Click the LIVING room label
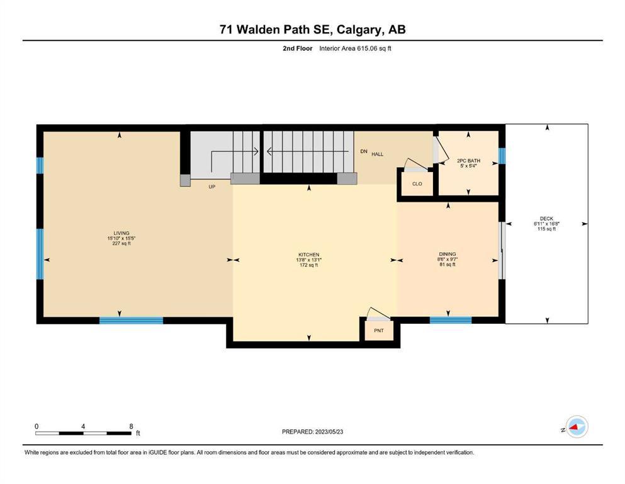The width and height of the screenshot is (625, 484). pos(121,233)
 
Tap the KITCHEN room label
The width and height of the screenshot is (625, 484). pos(309,255)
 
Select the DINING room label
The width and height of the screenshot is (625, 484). pos(448,254)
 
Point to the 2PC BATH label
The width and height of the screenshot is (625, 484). pos(468,161)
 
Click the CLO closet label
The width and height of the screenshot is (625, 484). pos(417,184)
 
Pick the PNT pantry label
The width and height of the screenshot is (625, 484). pos(379,330)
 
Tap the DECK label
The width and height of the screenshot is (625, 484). pos(546,219)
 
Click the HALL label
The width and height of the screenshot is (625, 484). pos(378,154)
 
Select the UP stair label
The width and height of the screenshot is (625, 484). pos(212,187)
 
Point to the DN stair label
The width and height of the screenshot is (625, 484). pos(364,151)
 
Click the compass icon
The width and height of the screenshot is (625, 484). pos(577,427)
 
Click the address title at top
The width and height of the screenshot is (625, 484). pos(312,30)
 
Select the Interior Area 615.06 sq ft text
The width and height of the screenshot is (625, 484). pos(355,49)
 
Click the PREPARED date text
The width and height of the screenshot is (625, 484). pos(312,432)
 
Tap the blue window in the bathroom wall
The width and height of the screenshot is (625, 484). pos(502,156)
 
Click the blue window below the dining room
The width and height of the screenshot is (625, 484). pos(451,320)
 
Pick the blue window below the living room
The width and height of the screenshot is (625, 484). pos(131,320)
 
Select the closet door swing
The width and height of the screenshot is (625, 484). pos(416,165)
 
